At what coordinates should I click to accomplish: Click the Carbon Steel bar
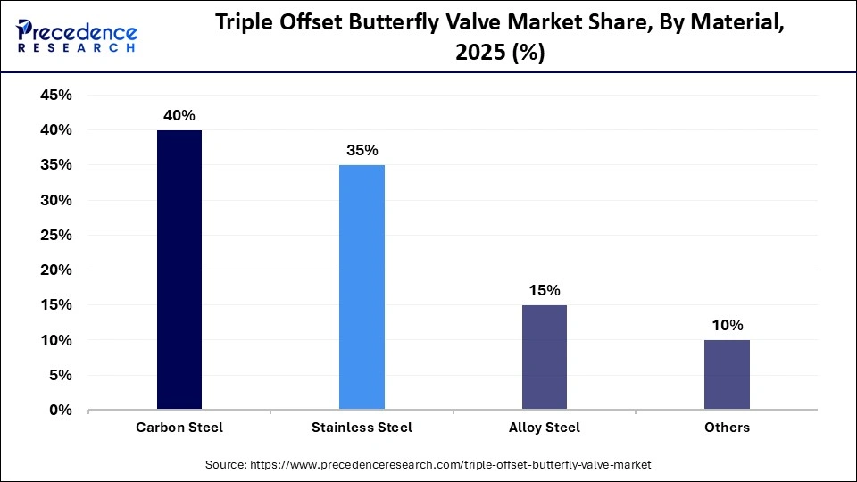(x=179, y=270)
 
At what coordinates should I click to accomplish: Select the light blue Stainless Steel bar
(x=362, y=287)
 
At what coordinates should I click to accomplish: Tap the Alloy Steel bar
(x=544, y=357)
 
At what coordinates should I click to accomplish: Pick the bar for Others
(x=727, y=375)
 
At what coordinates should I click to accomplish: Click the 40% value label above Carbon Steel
(x=179, y=116)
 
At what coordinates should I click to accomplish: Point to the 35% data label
(x=362, y=151)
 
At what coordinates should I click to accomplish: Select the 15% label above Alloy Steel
(x=544, y=291)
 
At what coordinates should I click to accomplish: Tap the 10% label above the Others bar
(x=727, y=326)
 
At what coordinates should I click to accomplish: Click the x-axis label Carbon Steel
(x=179, y=428)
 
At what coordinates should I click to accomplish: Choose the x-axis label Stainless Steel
(x=362, y=428)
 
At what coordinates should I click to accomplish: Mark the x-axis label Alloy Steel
(x=544, y=428)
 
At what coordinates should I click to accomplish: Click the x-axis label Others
(x=727, y=428)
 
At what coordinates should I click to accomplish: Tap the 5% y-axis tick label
(x=60, y=376)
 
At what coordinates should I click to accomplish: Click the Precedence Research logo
(x=77, y=37)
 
